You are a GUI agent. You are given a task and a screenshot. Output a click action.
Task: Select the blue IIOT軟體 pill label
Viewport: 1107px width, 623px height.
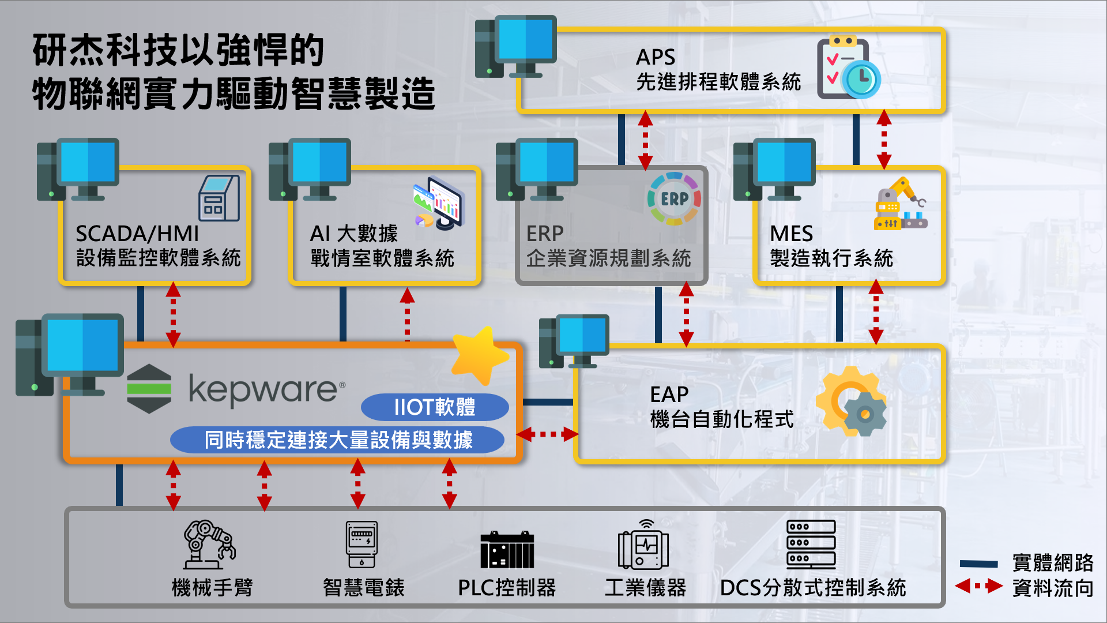point(435,407)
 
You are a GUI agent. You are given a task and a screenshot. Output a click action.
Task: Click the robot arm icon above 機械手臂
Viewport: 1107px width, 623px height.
point(209,545)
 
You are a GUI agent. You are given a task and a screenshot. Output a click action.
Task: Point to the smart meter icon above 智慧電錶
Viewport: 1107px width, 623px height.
point(362,545)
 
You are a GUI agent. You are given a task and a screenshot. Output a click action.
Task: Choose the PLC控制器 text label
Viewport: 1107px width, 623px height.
point(507,588)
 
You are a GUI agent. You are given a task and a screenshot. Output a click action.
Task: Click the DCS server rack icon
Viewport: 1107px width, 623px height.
point(811,545)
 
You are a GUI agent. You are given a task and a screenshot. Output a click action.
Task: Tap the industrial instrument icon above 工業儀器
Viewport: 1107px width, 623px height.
point(643,546)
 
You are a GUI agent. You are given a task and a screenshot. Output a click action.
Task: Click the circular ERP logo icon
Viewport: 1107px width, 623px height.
point(674,199)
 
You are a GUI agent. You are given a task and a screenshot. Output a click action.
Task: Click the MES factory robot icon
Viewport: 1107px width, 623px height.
point(900,204)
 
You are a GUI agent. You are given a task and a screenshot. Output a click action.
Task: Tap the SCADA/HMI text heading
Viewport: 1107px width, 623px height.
point(137,234)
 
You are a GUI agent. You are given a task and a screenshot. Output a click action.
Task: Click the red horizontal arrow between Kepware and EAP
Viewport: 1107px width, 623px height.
point(547,434)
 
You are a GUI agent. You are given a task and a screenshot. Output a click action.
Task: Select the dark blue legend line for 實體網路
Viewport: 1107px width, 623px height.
point(978,564)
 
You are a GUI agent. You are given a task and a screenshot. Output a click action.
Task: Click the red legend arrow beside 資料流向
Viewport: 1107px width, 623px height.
point(978,587)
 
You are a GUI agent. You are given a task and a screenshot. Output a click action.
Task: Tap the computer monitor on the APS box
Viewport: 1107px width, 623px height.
point(525,40)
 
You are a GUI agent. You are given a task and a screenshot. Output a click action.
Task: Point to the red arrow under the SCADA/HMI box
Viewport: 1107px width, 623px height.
point(173,315)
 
